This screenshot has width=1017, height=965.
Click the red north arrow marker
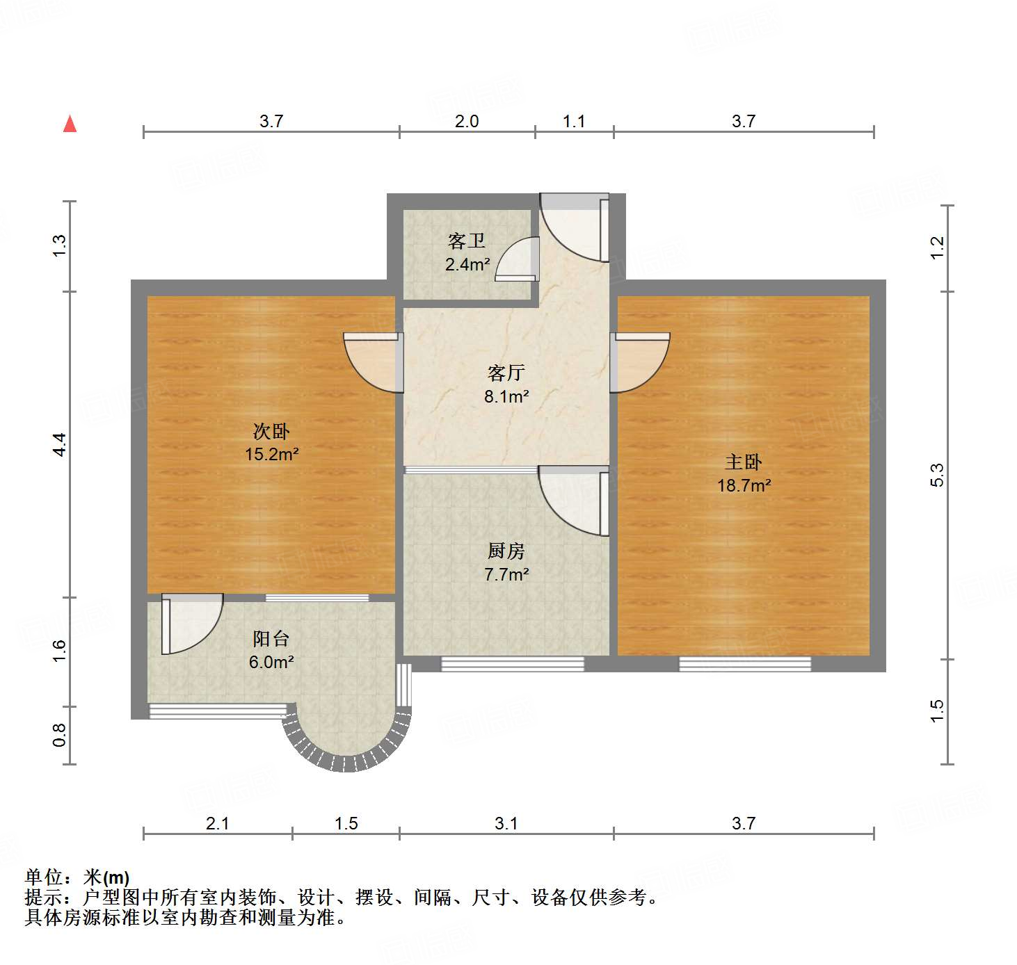pyautogui.click(x=70, y=124)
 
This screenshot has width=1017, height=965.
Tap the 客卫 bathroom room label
pyautogui.click(x=467, y=241)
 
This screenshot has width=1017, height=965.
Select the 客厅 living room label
pyautogui.click(x=506, y=373)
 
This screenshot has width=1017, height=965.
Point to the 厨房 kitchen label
pyautogui.click(x=506, y=551)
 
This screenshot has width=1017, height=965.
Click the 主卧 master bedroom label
pyautogui.click(x=744, y=462)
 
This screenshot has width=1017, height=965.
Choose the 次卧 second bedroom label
pyautogui.click(x=271, y=432)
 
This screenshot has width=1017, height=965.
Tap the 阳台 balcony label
pyautogui.click(x=271, y=639)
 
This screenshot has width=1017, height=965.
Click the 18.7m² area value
pyautogui.click(x=744, y=486)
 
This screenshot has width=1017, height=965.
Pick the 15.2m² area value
pyautogui.click(x=271, y=455)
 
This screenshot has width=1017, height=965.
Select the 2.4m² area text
pyautogui.click(x=467, y=265)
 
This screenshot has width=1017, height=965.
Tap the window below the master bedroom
pyautogui.click(x=744, y=664)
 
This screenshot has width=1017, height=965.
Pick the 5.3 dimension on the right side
pyautogui.click(x=937, y=475)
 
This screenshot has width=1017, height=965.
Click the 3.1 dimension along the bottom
pyautogui.click(x=506, y=824)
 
